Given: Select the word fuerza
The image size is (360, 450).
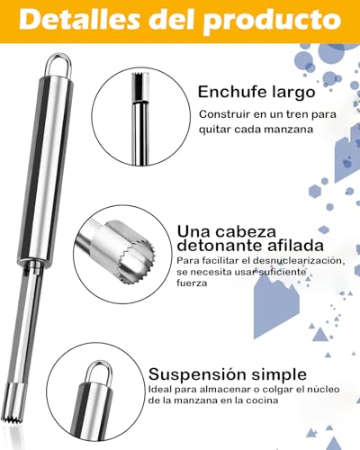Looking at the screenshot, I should tap(192, 283).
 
